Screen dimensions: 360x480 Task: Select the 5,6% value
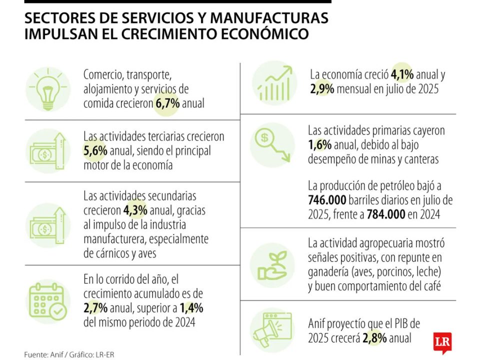pos(93,150)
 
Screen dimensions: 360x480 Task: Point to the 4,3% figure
pos(134,210)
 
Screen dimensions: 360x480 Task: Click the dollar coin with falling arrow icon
pos(272,145)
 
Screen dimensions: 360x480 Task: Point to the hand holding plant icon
pos(272,265)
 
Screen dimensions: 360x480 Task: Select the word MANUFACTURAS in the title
pos(269,18)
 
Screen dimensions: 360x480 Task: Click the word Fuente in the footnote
pos(35,354)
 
